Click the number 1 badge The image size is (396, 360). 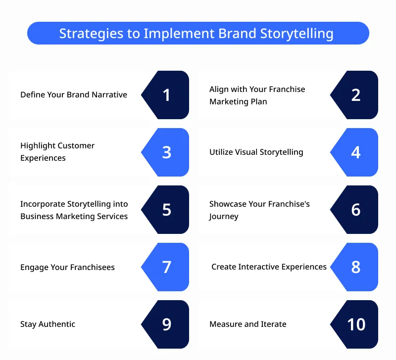(x=167, y=95)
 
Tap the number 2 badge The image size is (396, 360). (x=356, y=95)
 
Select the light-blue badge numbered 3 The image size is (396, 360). (x=167, y=152)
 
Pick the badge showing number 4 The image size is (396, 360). (x=356, y=152)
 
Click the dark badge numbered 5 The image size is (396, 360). (x=167, y=210)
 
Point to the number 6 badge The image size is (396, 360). (x=356, y=210)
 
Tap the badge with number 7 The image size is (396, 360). (x=167, y=267)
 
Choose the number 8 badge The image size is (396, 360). (x=356, y=267)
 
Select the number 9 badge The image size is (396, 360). (x=167, y=324)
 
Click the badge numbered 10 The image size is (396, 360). (x=356, y=324)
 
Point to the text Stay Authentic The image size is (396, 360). (x=48, y=324)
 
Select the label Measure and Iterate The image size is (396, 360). (x=247, y=324)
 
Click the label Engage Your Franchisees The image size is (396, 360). (x=67, y=268)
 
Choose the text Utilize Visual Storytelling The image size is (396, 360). (x=256, y=152)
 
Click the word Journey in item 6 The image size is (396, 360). (x=224, y=217)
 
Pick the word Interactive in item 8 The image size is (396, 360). (x=259, y=267)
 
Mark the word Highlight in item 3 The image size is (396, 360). (x=37, y=146)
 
